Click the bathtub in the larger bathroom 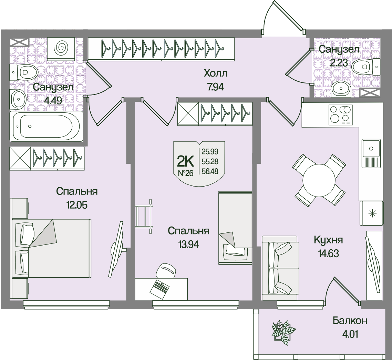pyautogui.click(x=46, y=126)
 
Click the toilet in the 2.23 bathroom pyautogui.click(x=365, y=66)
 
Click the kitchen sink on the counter pyautogui.click(x=371, y=148)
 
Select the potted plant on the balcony pyautogui.click(x=283, y=332)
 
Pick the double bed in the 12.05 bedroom pyautogui.click(x=52, y=248)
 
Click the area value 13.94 pyautogui.click(x=188, y=244)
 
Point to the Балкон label pyautogui.click(x=350, y=321)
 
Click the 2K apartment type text pyautogui.click(x=186, y=161)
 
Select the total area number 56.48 pyautogui.click(x=210, y=171)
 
